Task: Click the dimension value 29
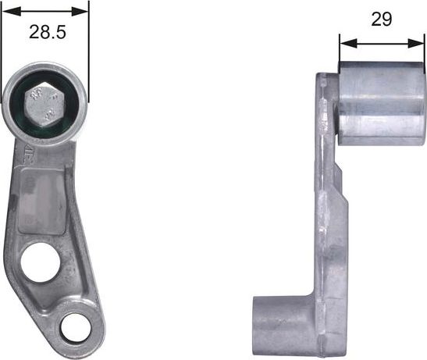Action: [x=381, y=20]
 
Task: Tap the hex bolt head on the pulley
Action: [x=44, y=102]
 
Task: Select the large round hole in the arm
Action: [x=38, y=262]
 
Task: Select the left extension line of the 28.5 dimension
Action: [x=2, y=47]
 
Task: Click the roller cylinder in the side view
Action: [x=381, y=103]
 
